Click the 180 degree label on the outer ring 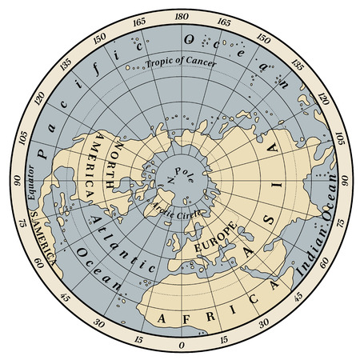(180, 16)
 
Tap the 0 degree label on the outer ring (180, 345)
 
